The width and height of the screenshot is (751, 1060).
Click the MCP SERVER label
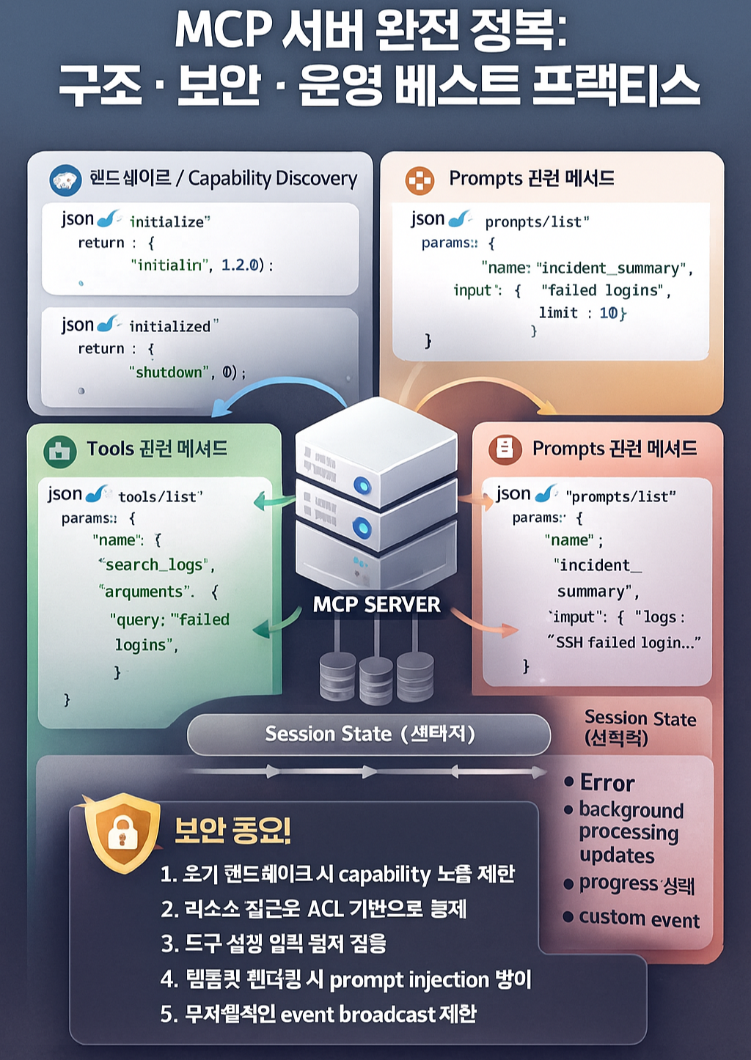point(376,605)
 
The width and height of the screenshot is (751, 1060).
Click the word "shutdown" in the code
point(169,372)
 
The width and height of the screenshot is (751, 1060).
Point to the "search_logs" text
point(155,565)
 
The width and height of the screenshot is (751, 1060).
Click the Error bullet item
point(607,783)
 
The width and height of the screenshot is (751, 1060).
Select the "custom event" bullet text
point(639,919)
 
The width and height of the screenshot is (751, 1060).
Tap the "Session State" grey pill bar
point(369,734)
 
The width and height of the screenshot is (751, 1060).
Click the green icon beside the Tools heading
point(60,451)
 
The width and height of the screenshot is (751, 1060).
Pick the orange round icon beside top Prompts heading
point(420,180)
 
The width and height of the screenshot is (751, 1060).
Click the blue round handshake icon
point(65,180)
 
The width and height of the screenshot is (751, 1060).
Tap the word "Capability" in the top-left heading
point(230,178)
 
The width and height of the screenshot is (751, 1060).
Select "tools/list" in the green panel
point(158,497)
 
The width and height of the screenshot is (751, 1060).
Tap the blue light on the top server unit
point(362,484)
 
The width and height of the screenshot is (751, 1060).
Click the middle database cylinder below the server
point(375,680)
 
